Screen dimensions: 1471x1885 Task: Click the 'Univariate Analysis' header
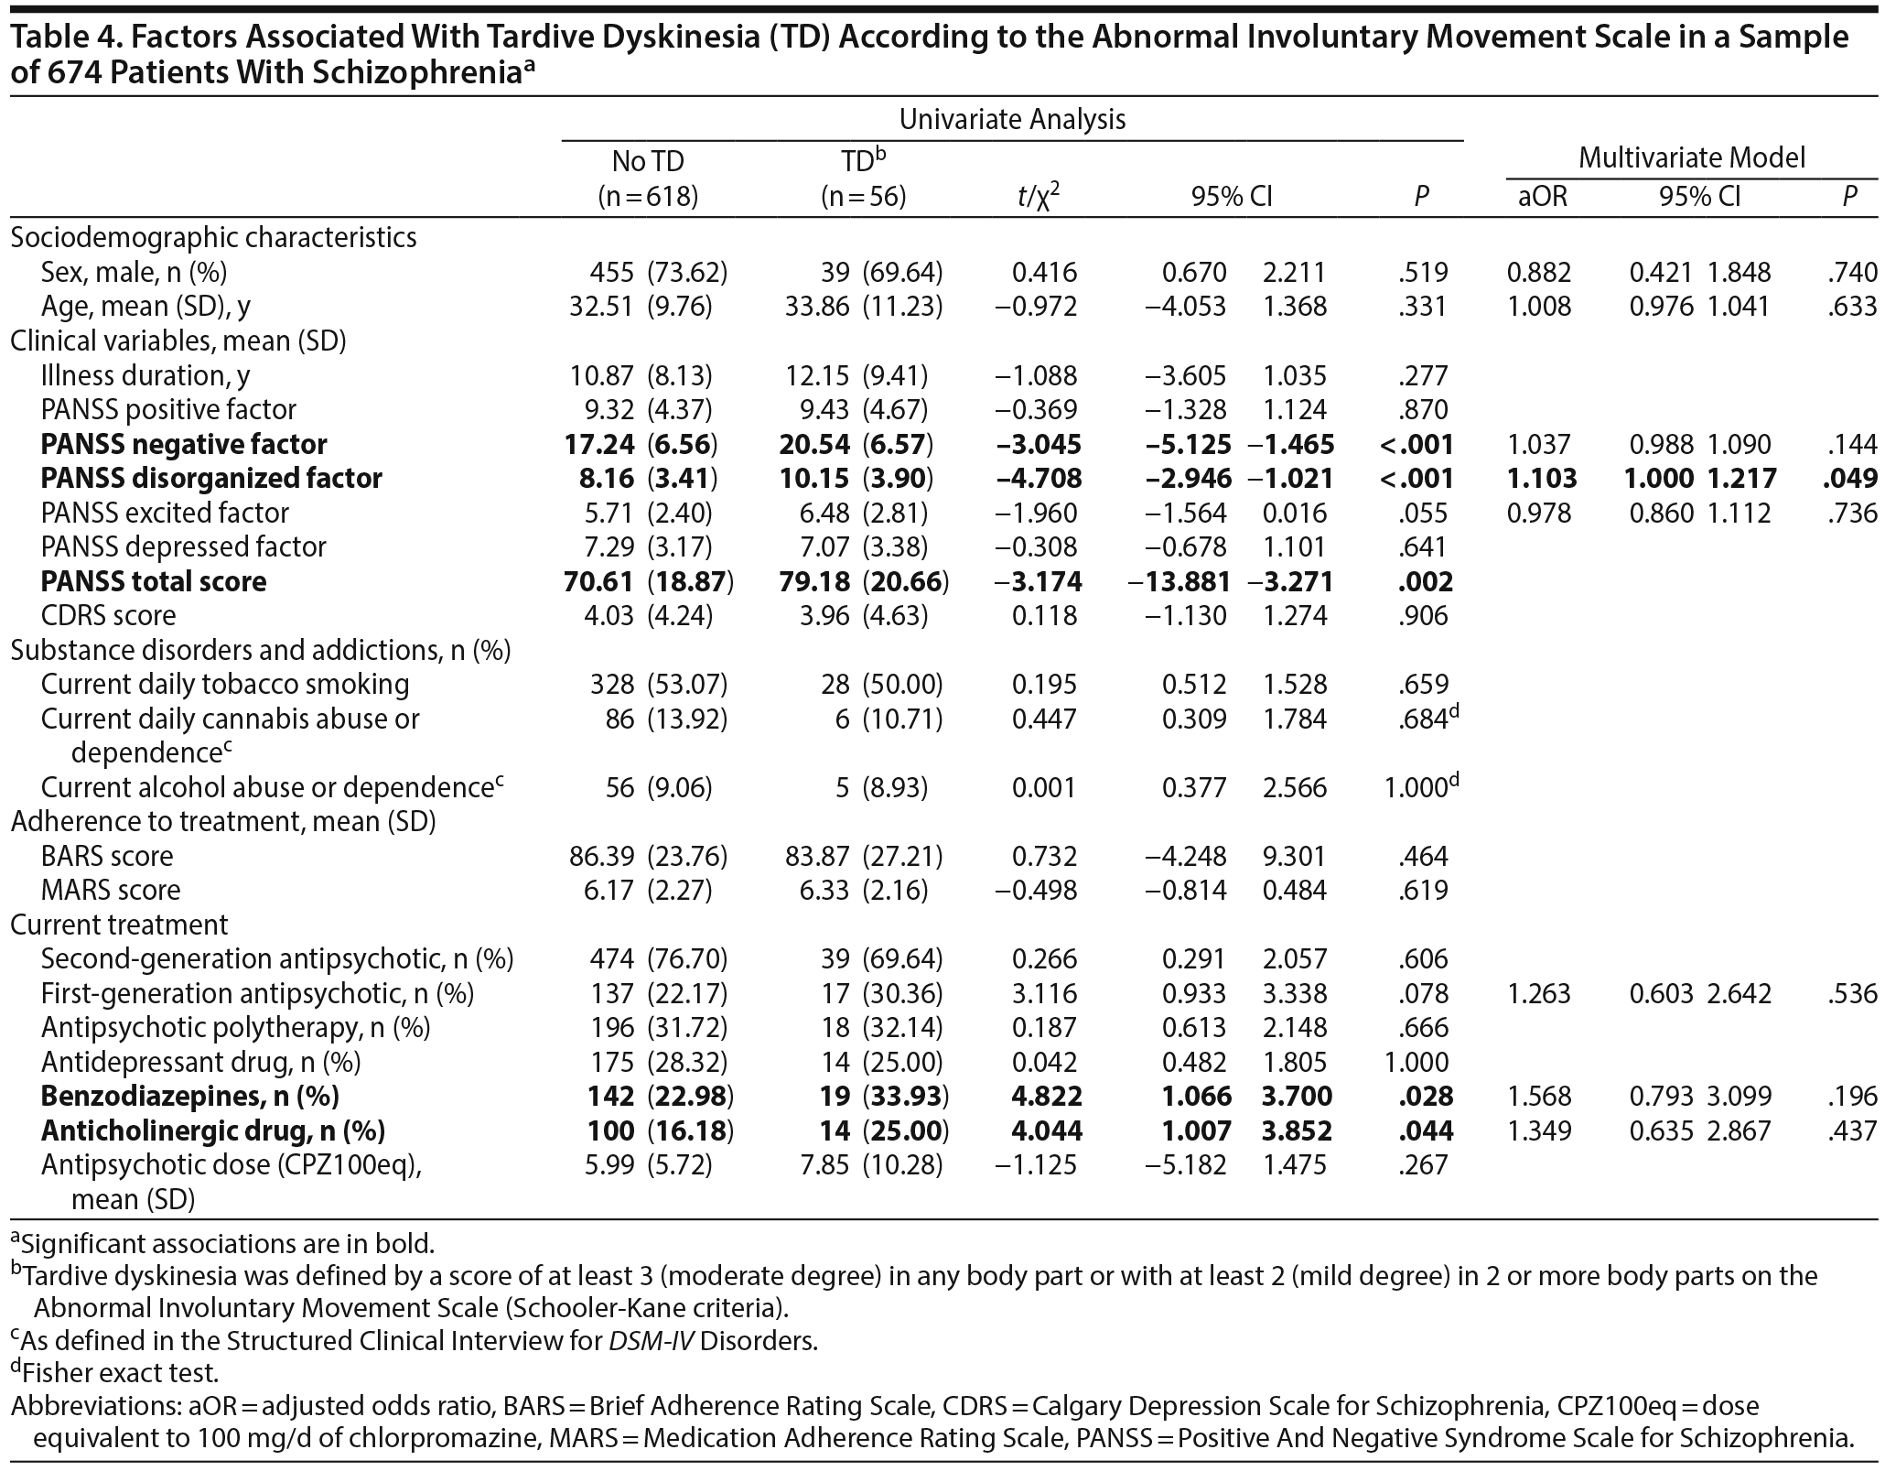pos(1012,119)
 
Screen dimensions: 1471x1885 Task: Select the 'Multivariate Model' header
pos(1692,157)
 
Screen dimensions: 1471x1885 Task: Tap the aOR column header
pos(1542,196)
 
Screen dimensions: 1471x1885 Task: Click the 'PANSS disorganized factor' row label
pos(211,478)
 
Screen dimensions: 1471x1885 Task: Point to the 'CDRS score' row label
pos(108,615)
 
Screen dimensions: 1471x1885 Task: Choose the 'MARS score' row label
pos(111,890)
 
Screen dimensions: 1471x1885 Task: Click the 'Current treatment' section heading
pos(119,925)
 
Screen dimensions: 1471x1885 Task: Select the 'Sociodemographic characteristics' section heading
pos(213,237)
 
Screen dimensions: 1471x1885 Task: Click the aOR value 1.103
pos(1542,478)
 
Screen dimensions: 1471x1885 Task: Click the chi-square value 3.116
pos(1044,993)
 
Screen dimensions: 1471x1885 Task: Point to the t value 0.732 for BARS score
pos(1044,856)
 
